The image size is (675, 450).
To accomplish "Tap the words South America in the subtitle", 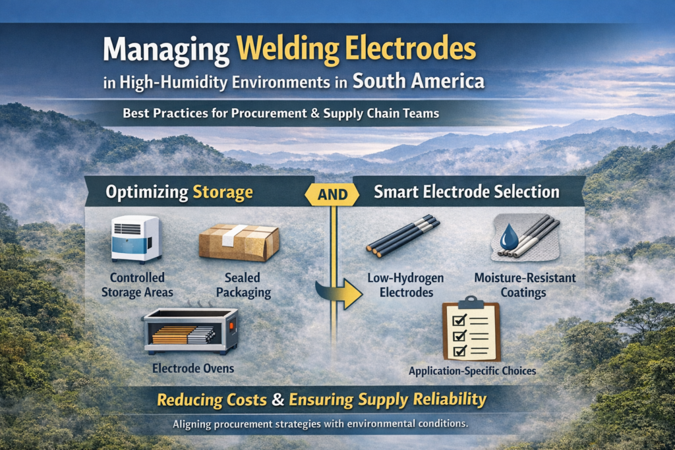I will coord(419,82).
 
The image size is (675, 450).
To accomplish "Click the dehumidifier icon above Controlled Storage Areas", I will coord(135,239).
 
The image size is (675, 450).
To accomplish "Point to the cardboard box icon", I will coord(239,242).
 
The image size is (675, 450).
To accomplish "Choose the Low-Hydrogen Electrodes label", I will coord(405,285).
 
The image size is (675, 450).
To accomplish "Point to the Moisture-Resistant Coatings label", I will coord(525,285).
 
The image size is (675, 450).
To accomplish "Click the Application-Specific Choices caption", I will coord(472,371).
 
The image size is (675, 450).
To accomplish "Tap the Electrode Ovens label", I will coord(190,368).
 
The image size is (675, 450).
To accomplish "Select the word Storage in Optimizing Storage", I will coord(223,192).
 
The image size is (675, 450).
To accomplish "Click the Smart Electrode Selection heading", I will coord(467,192).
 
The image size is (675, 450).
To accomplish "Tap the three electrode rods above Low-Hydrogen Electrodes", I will coord(399,236).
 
